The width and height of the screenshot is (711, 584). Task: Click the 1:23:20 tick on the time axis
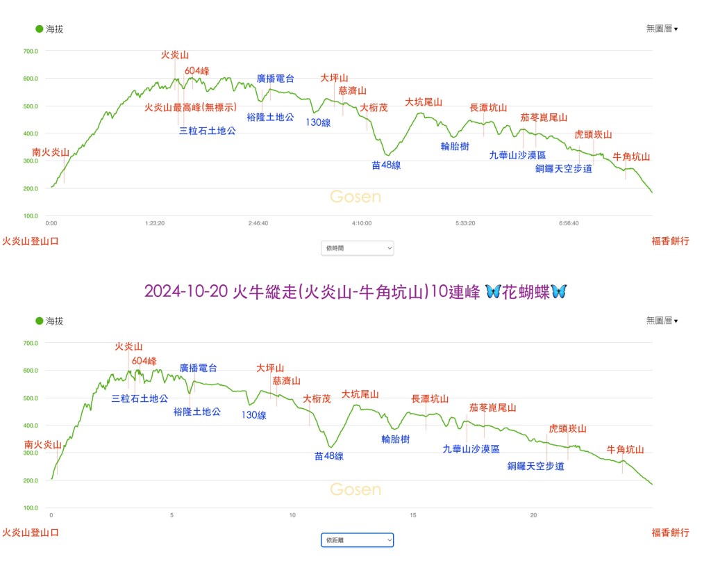pos(155,224)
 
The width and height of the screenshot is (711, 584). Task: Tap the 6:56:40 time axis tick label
pos(569,224)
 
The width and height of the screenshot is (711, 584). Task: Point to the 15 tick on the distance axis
pos(413,515)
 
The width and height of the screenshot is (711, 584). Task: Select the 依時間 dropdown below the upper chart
pos(357,248)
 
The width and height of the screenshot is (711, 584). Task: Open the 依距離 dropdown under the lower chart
pos(357,540)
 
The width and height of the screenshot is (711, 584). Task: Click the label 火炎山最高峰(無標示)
pos(190,107)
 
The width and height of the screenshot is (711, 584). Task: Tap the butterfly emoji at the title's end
pos(558,291)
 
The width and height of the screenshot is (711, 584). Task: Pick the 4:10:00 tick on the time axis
pos(362,224)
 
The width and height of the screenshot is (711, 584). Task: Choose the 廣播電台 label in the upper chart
pos(275,79)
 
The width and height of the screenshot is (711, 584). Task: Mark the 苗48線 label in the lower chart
pos(328,457)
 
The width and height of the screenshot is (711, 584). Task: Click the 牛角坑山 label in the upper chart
pos(631,157)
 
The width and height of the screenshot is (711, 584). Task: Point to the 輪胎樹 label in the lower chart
pos(395,439)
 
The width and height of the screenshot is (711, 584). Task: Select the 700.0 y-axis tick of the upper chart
pos(31,51)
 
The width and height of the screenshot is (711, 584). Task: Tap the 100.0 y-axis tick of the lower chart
pos(31,508)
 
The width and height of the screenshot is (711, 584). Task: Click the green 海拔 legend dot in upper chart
pos(40,29)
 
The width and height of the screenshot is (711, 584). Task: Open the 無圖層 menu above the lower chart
pos(661,321)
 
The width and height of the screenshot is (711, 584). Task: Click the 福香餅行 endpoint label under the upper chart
pos(670,241)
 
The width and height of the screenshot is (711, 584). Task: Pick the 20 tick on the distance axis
pos(534,515)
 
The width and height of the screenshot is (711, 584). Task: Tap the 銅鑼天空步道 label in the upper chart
pos(563,168)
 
